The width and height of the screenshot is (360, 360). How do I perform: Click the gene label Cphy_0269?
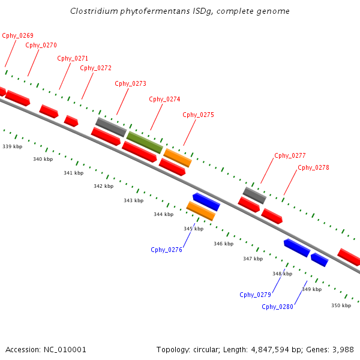pyautogui.click(x=17, y=35)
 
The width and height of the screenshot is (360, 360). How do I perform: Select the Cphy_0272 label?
pyautogui.click(x=96, y=68)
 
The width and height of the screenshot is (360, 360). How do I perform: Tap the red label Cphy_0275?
pyautogui.click(x=199, y=115)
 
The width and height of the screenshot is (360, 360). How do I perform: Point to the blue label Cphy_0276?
pyautogui.click(x=167, y=250)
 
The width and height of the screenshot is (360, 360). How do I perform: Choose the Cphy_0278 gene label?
pyautogui.click(x=313, y=167)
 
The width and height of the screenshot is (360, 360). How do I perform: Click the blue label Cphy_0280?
pyautogui.click(x=278, y=307)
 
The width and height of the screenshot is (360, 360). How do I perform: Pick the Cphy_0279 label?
pyautogui.click(x=256, y=295)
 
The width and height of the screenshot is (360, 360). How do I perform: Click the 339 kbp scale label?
pyautogui.click(x=13, y=146)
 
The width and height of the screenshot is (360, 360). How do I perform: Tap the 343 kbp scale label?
pyautogui.click(x=134, y=200)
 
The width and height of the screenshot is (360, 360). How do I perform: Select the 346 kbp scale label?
pyautogui.click(x=224, y=244)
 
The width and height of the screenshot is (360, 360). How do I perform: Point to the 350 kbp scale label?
pyautogui.click(x=341, y=305)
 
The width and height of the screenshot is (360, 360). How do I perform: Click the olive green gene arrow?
pyautogui.click(x=145, y=142)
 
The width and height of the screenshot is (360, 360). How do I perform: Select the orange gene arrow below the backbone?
pyautogui.click(x=201, y=211)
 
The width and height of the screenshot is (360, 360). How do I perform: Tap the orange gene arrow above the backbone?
pyautogui.click(x=178, y=157)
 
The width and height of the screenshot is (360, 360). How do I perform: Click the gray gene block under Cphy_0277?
pyautogui.click(x=254, y=195)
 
